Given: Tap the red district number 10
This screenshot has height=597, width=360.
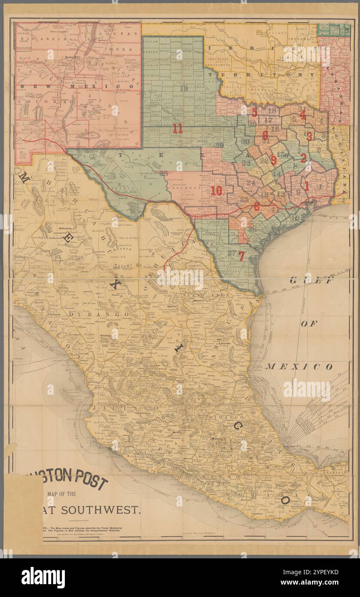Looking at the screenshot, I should tap(216, 191).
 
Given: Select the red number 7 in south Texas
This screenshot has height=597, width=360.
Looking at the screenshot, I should tap(241, 256).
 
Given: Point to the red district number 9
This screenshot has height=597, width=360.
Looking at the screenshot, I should tap(274, 159).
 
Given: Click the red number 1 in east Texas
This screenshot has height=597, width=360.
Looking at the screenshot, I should tap(307, 186).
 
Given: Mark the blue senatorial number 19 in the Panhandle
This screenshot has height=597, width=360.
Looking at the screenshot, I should tap(184, 89).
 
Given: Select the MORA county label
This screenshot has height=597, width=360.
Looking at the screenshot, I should tap(117, 49).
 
